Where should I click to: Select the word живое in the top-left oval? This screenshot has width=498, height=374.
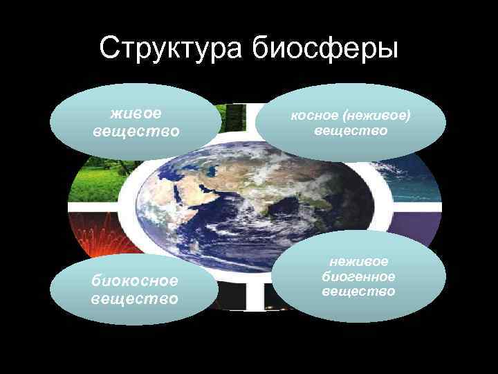click(x=136, y=112)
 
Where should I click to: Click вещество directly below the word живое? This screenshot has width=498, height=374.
click(x=136, y=130)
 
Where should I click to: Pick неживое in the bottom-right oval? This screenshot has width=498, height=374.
click(x=360, y=261)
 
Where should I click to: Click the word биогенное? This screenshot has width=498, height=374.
click(x=360, y=276)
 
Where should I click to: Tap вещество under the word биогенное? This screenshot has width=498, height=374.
click(x=360, y=292)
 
